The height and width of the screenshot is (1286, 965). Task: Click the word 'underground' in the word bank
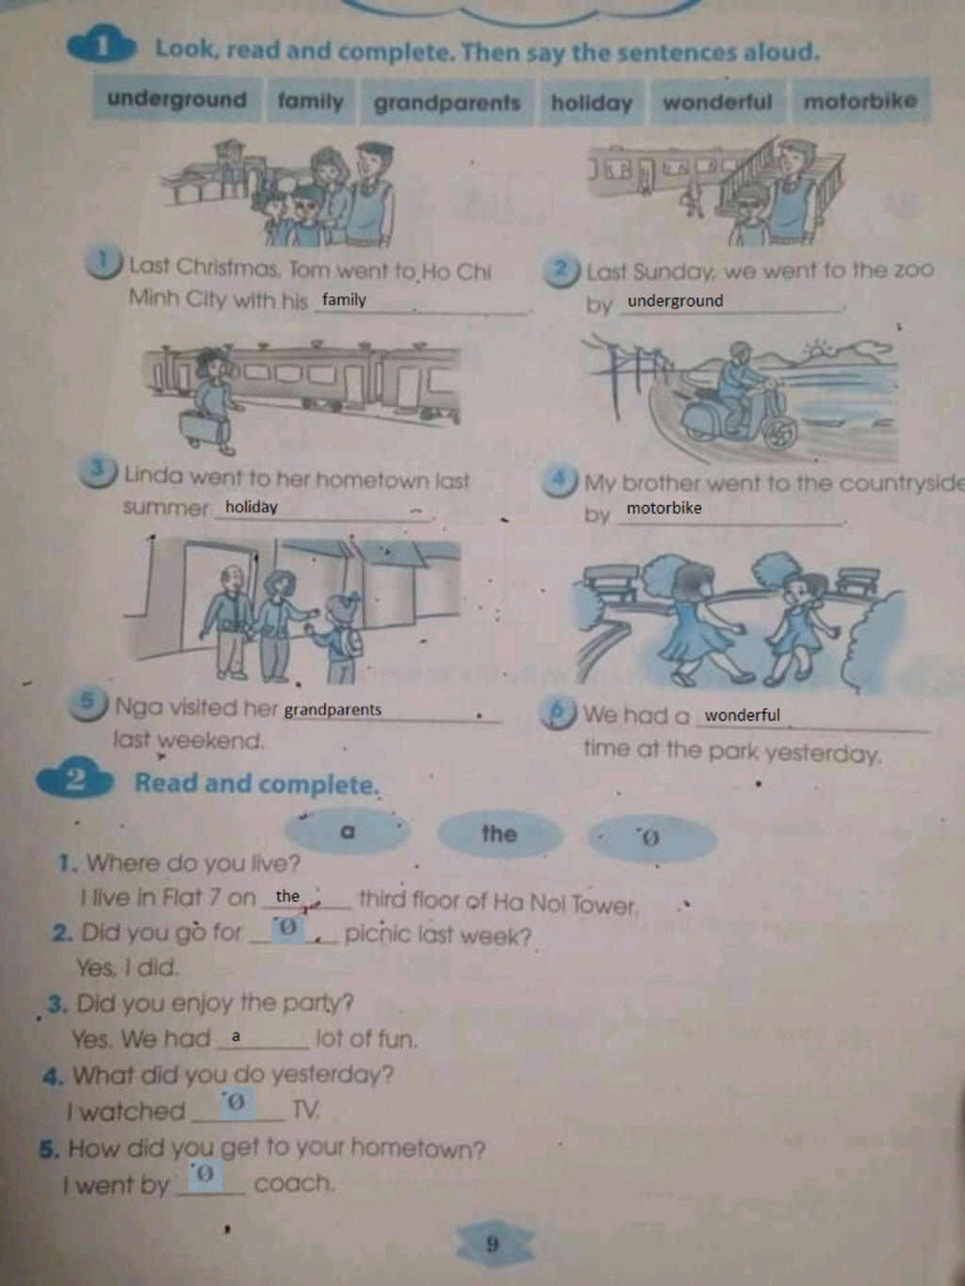177,100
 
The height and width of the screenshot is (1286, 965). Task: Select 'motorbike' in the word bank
860,102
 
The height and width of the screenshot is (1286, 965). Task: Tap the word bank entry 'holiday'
592,103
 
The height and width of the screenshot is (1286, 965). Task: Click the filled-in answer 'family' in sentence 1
344,300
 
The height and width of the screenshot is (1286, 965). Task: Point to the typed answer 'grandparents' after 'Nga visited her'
333,709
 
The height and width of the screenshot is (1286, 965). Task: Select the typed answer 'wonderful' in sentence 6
743,715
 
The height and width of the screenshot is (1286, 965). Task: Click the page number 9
493,1244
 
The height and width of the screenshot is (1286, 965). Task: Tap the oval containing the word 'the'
499,834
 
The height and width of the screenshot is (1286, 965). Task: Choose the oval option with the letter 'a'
348,831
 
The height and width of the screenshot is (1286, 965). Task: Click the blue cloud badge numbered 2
75,780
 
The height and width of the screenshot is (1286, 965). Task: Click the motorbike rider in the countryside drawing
740,386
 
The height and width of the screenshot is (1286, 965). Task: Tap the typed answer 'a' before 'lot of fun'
236,1036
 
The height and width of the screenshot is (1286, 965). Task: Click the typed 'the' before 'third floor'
287,896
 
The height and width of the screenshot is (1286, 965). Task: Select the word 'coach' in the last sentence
295,1182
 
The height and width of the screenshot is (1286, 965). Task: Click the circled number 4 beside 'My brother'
560,480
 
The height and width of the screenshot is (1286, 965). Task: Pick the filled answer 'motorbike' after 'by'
663,508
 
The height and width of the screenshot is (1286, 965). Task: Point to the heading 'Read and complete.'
256,783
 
